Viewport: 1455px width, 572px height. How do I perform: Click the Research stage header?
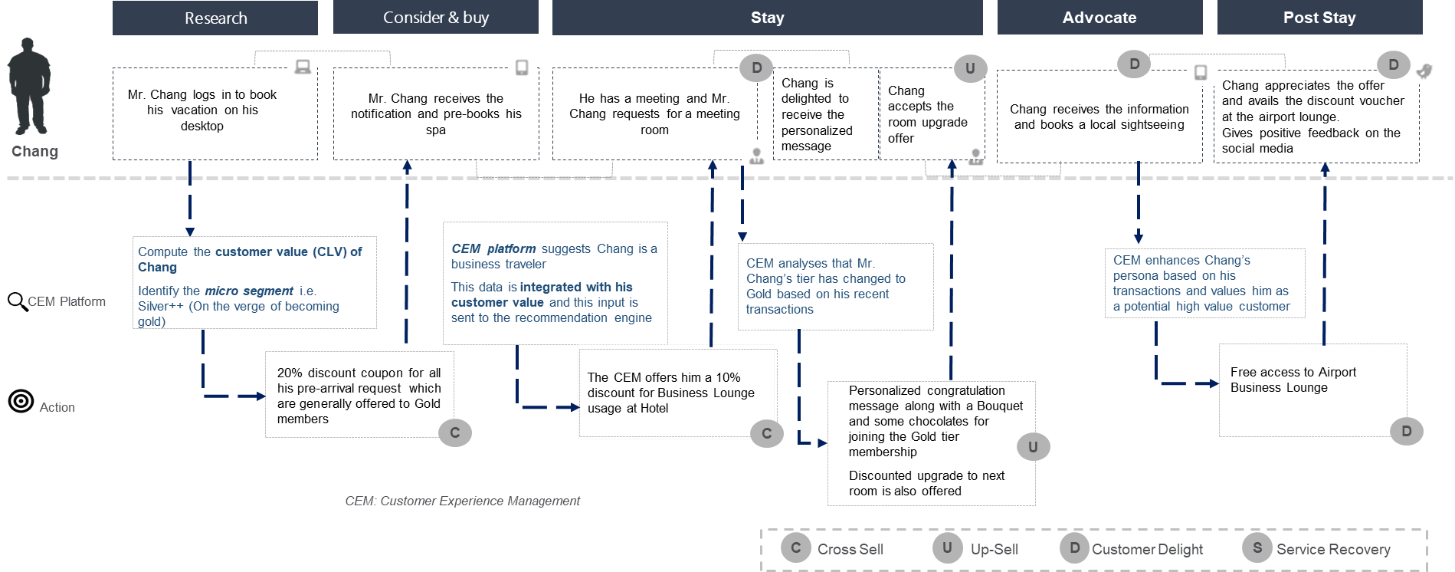[x=215, y=18]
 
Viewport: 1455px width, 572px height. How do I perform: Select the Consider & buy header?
[x=435, y=18]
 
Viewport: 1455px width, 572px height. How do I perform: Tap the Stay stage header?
[x=767, y=18]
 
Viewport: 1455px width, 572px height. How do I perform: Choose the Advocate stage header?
[x=1099, y=18]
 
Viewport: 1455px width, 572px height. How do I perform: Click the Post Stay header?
[x=1319, y=18]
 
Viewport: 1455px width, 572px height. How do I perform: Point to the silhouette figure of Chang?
[x=29, y=86]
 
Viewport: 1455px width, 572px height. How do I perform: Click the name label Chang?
[x=34, y=151]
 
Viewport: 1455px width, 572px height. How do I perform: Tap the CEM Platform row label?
[x=67, y=301]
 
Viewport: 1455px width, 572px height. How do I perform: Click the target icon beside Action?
[x=21, y=401]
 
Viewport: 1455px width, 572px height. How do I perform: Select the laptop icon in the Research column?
[x=303, y=67]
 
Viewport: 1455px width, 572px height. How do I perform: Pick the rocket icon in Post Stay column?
[x=1426, y=71]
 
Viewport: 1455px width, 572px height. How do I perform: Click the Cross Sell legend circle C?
[x=796, y=548]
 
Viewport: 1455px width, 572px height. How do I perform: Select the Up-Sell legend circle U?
[x=948, y=548]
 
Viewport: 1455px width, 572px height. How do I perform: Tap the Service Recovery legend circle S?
[x=1257, y=548]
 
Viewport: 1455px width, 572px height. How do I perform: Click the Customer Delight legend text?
[x=1147, y=549]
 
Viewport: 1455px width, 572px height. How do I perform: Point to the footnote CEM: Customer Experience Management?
[x=462, y=501]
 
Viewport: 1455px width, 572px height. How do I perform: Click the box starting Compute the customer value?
[x=254, y=283]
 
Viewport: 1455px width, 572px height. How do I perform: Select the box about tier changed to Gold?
[x=835, y=286]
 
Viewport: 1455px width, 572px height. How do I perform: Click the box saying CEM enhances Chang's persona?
[x=1204, y=283]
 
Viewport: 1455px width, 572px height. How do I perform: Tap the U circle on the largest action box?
[x=1033, y=447]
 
